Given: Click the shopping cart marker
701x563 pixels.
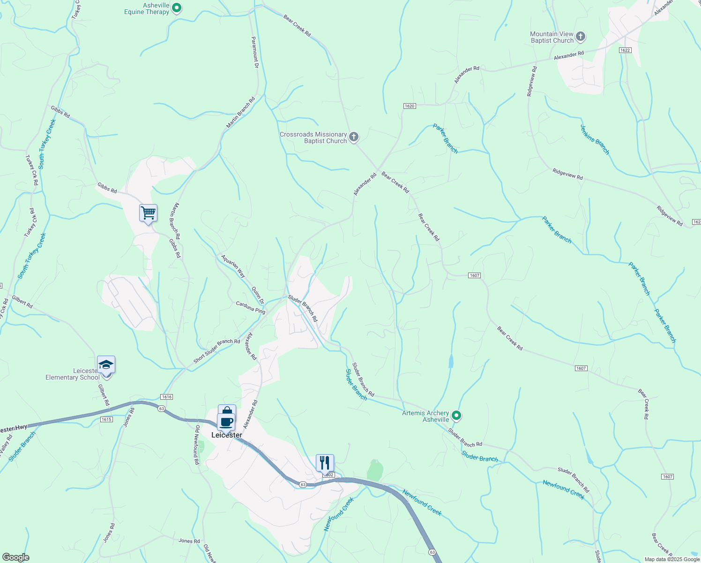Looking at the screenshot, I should click(148, 213).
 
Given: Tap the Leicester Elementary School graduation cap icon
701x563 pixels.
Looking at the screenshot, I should click(106, 365).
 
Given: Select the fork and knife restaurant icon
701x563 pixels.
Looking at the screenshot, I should click(325, 463).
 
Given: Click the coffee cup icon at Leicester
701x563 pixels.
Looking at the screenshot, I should click(226, 421).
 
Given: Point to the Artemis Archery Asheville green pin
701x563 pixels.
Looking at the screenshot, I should click(456, 416).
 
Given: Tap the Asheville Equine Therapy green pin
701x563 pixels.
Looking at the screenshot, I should click(177, 8).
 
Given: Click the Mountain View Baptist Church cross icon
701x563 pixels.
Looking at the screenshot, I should click(581, 37).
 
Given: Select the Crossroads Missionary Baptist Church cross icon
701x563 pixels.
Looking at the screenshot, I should click(354, 137).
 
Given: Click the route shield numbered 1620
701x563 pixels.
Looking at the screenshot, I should click(409, 106).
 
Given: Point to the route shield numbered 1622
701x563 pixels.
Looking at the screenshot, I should click(625, 50).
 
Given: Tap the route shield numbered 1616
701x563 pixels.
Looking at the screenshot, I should click(166, 397).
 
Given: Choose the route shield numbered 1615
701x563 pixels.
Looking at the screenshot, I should click(106, 419).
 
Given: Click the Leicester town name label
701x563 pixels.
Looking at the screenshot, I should click(227, 435).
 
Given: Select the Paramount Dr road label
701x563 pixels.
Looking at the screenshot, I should click(255, 53).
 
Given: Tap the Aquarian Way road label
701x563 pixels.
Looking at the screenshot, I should click(233, 266).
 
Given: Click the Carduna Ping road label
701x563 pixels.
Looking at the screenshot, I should click(250, 308).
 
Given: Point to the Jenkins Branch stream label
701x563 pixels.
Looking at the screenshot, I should click(595, 139).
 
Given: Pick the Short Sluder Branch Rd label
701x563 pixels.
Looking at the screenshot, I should click(216, 351).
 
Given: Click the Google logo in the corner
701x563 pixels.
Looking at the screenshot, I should click(15, 557).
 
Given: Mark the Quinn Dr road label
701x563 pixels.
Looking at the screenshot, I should click(258, 295).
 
